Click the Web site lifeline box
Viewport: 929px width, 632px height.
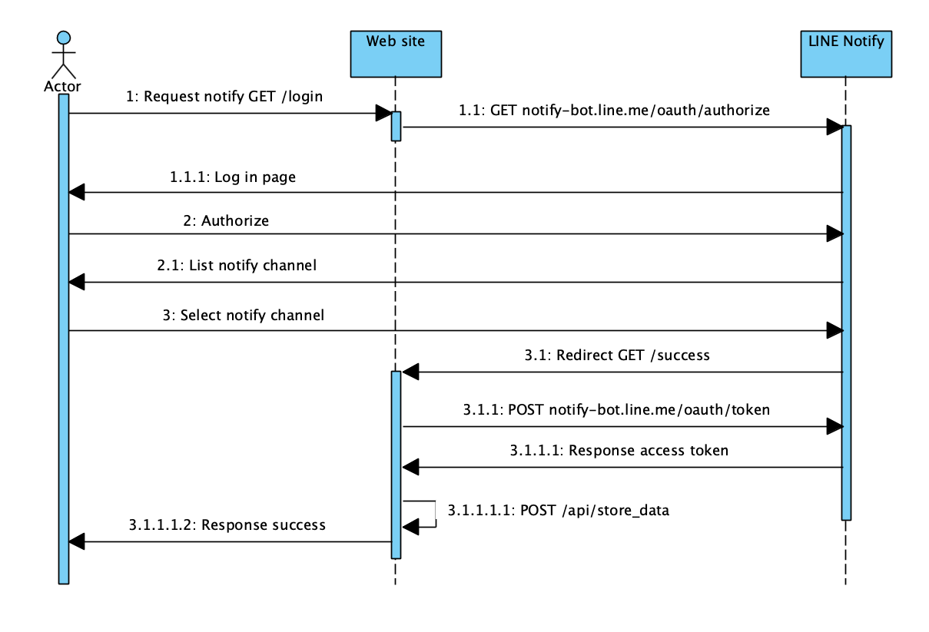396,53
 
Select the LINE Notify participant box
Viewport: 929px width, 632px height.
846,53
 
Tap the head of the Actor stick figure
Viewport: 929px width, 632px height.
64,37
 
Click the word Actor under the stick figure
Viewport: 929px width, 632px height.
63,85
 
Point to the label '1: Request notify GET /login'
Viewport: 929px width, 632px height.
224,97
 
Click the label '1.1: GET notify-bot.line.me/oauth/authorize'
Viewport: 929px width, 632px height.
614,111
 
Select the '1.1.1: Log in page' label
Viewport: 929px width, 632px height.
232,177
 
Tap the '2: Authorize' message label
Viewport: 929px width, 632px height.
226,220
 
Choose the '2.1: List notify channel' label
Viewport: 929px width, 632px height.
237,266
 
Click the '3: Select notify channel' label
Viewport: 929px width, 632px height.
243,315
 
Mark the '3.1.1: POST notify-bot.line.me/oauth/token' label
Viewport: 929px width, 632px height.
616,410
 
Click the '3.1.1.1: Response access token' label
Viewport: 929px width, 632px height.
619,451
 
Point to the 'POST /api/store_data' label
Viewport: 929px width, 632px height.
559,510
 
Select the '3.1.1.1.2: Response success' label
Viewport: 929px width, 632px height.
227,525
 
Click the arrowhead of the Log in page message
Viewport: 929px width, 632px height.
76,193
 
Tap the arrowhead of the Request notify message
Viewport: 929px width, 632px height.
383,114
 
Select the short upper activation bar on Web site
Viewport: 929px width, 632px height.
396,127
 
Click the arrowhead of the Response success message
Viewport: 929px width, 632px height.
76,541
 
